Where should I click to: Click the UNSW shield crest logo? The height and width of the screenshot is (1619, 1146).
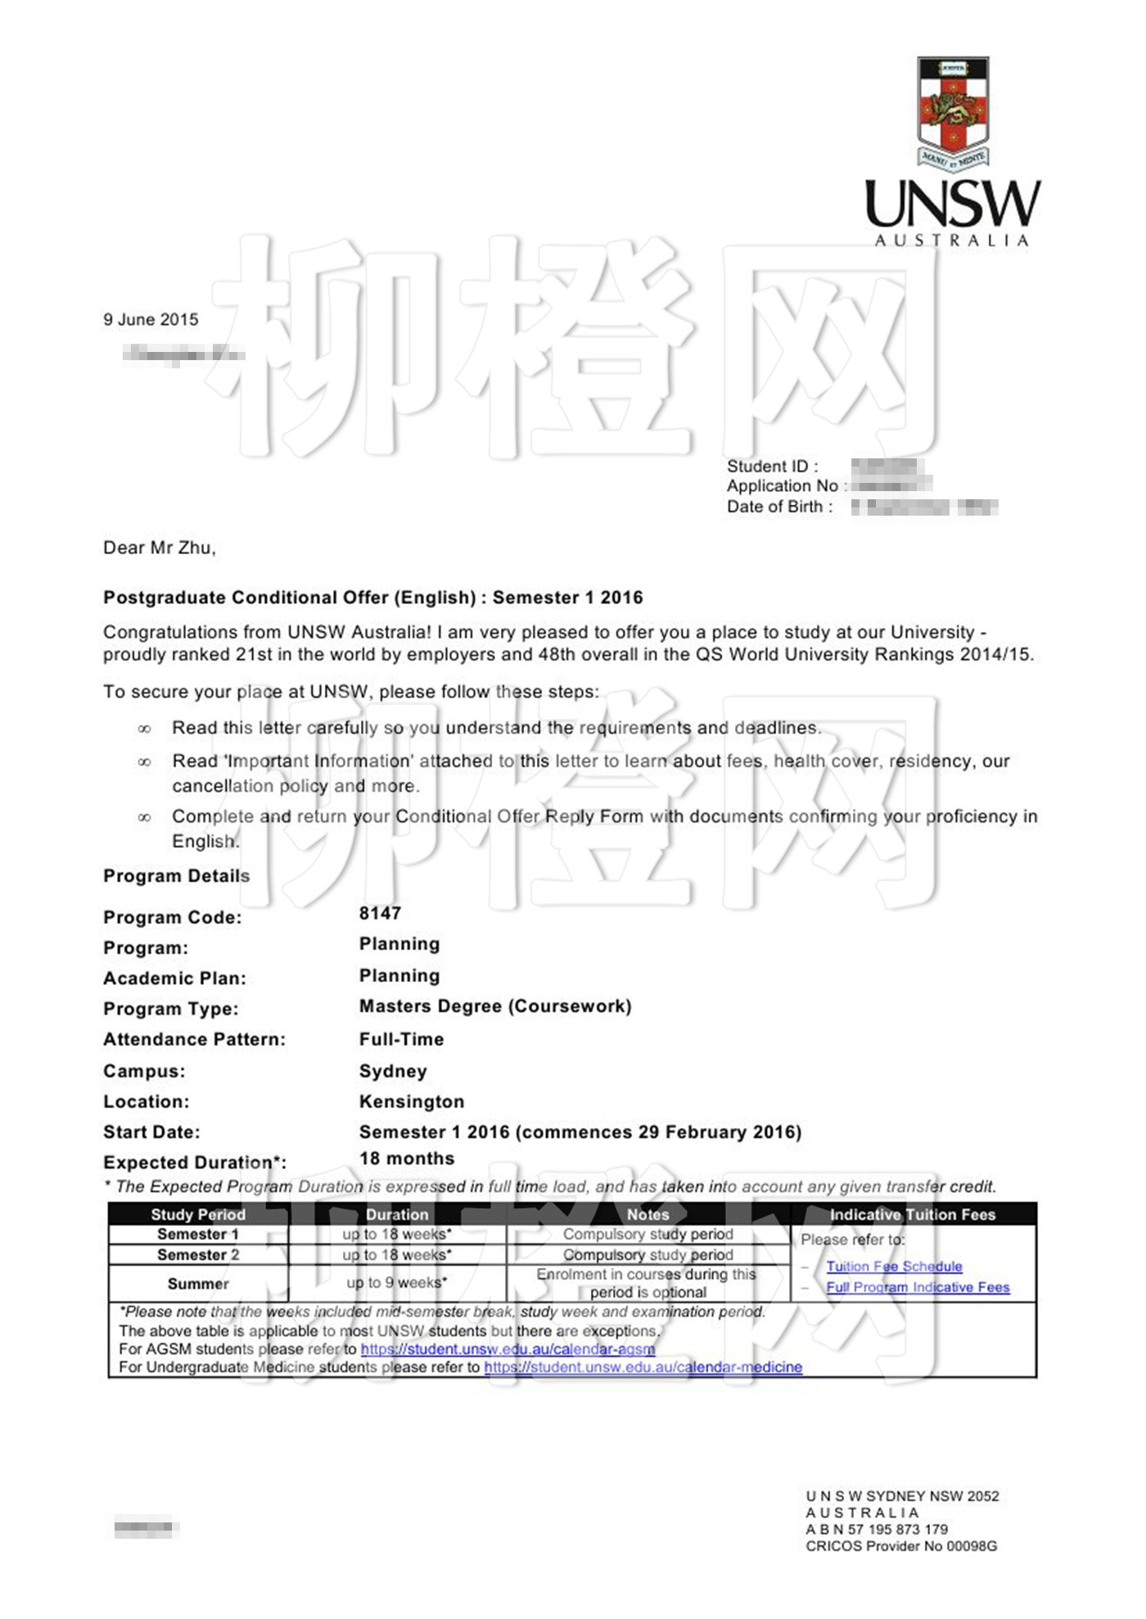pyautogui.click(x=953, y=110)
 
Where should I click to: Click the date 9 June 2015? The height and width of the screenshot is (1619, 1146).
pyautogui.click(x=151, y=319)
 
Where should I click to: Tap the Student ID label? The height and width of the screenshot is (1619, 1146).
pyautogui.click(x=772, y=467)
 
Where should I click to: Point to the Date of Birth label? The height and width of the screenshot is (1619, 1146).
pyautogui.click(x=779, y=507)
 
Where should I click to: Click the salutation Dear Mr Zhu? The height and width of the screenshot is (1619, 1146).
pyautogui.click(x=159, y=548)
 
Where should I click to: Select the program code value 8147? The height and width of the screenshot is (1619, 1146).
pyautogui.click(x=380, y=913)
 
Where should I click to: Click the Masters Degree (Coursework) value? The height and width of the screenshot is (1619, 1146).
pyautogui.click(x=495, y=1006)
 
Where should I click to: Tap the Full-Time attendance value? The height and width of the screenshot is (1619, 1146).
pyautogui.click(x=401, y=1039)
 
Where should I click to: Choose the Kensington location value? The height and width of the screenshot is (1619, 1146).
pyautogui.click(x=411, y=1102)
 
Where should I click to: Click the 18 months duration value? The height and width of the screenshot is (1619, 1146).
pyautogui.click(x=406, y=1158)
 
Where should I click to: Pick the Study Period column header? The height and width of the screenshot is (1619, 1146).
pyautogui.click(x=198, y=1215)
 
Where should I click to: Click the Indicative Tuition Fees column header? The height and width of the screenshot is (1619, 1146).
pyautogui.click(x=912, y=1215)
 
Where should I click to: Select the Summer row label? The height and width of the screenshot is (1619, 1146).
pyautogui.click(x=198, y=1283)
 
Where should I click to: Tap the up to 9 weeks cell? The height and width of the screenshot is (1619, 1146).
pyautogui.click(x=396, y=1283)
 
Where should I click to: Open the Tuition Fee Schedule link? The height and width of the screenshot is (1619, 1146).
pyautogui.click(x=894, y=1266)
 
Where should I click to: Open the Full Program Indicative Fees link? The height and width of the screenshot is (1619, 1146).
pyautogui.click(x=918, y=1287)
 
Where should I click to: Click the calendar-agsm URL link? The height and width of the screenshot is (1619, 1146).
pyautogui.click(x=508, y=1349)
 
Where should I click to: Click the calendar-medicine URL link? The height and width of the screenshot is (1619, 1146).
pyautogui.click(x=643, y=1367)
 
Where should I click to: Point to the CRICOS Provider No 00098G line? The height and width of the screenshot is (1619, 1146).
pyautogui.click(x=901, y=1546)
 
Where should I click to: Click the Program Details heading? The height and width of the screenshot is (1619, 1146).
pyautogui.click(x=176, y=876)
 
